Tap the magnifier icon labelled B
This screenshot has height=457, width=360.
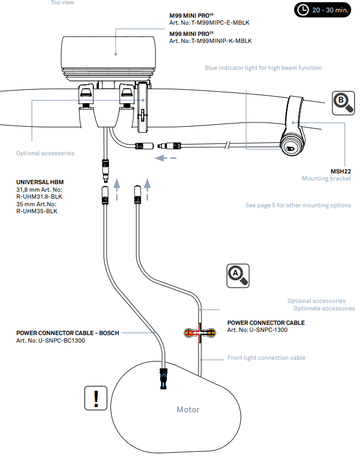click(x=343, y=103)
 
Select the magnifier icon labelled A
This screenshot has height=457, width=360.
click(x=237, y=274)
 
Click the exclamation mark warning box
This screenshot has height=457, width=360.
click(x=96, y=398)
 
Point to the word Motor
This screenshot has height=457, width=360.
click(x=188, y=410)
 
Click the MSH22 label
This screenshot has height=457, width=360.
click(x=341, y=171)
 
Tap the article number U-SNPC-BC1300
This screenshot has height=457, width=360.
click(x=57, y=340)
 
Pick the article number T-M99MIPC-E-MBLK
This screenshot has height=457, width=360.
click(x=210, y=23)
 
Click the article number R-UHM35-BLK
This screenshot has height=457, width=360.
click(x=37, y=211)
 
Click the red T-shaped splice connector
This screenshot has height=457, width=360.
click(x=200, y=333)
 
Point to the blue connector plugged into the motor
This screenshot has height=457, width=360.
click(x=164, y=380)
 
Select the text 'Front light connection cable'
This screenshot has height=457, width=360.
click(x=266, y=358)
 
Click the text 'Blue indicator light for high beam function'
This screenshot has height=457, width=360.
click(x=263, y=68)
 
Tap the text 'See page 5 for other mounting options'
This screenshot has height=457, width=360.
click(x=298, y=205)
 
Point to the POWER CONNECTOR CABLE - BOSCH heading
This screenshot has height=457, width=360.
click(x=68, y=333)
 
